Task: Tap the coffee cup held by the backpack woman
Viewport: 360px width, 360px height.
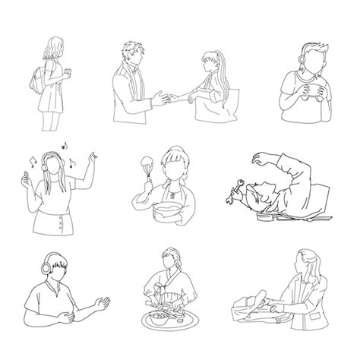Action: tap(68, 72)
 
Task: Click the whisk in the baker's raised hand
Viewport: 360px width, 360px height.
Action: tap(144, 164)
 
